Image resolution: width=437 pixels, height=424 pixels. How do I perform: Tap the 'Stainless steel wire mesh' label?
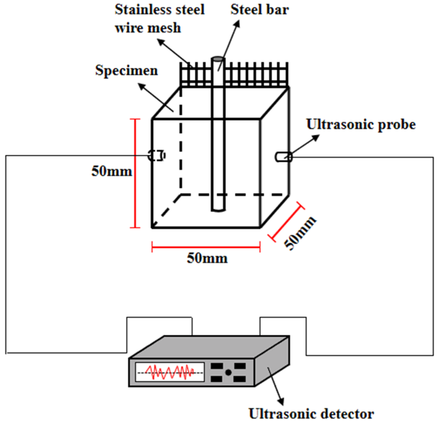[x=159, y=19]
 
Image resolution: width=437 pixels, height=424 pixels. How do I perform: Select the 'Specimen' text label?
[x=126, y=70]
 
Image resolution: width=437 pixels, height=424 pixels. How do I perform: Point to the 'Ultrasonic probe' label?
[x=361, y=124]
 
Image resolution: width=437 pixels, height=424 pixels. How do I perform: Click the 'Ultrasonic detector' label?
[x=311, y=413]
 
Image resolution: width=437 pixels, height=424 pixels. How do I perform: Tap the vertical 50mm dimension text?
[x=112, y=171]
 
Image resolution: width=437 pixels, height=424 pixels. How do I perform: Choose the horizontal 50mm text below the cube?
[x=207, y=258]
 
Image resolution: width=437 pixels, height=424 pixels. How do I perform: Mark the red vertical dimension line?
[x=135, y=173]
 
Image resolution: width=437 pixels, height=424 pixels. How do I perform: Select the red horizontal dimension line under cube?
[x=206, y=247]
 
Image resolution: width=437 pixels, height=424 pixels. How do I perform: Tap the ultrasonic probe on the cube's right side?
[x=283, y=157]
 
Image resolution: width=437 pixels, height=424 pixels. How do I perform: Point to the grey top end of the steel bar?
[x=218, y=59]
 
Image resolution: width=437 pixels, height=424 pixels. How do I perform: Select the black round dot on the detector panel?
[x=228, y=372]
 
